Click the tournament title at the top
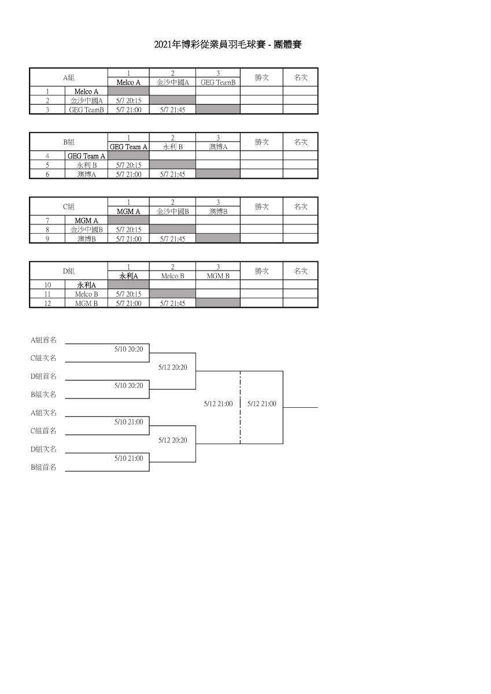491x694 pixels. point(228,45)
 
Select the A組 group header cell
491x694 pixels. point(69,77)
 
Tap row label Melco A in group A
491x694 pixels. point(86,91)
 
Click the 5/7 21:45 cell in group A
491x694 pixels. point(172,110)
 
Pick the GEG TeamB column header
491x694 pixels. point(218,82)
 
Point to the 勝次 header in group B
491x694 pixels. point(261,142)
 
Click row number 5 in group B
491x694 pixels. point(47,165)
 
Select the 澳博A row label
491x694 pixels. point(86,174)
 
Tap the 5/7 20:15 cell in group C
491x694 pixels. point(128,230)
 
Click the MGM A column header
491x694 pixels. point(128,211)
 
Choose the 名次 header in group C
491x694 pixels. point(301,206)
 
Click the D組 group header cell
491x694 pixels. point(69,271)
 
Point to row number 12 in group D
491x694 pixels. point(47,303)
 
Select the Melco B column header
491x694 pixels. point(172,276)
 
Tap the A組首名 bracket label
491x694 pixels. point(43,340)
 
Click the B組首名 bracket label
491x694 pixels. point(43,467)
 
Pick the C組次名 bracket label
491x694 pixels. point(43,358)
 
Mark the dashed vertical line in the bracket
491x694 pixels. point(240,407)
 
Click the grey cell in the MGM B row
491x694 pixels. point(218,302)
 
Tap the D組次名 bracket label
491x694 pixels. point(43,449)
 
